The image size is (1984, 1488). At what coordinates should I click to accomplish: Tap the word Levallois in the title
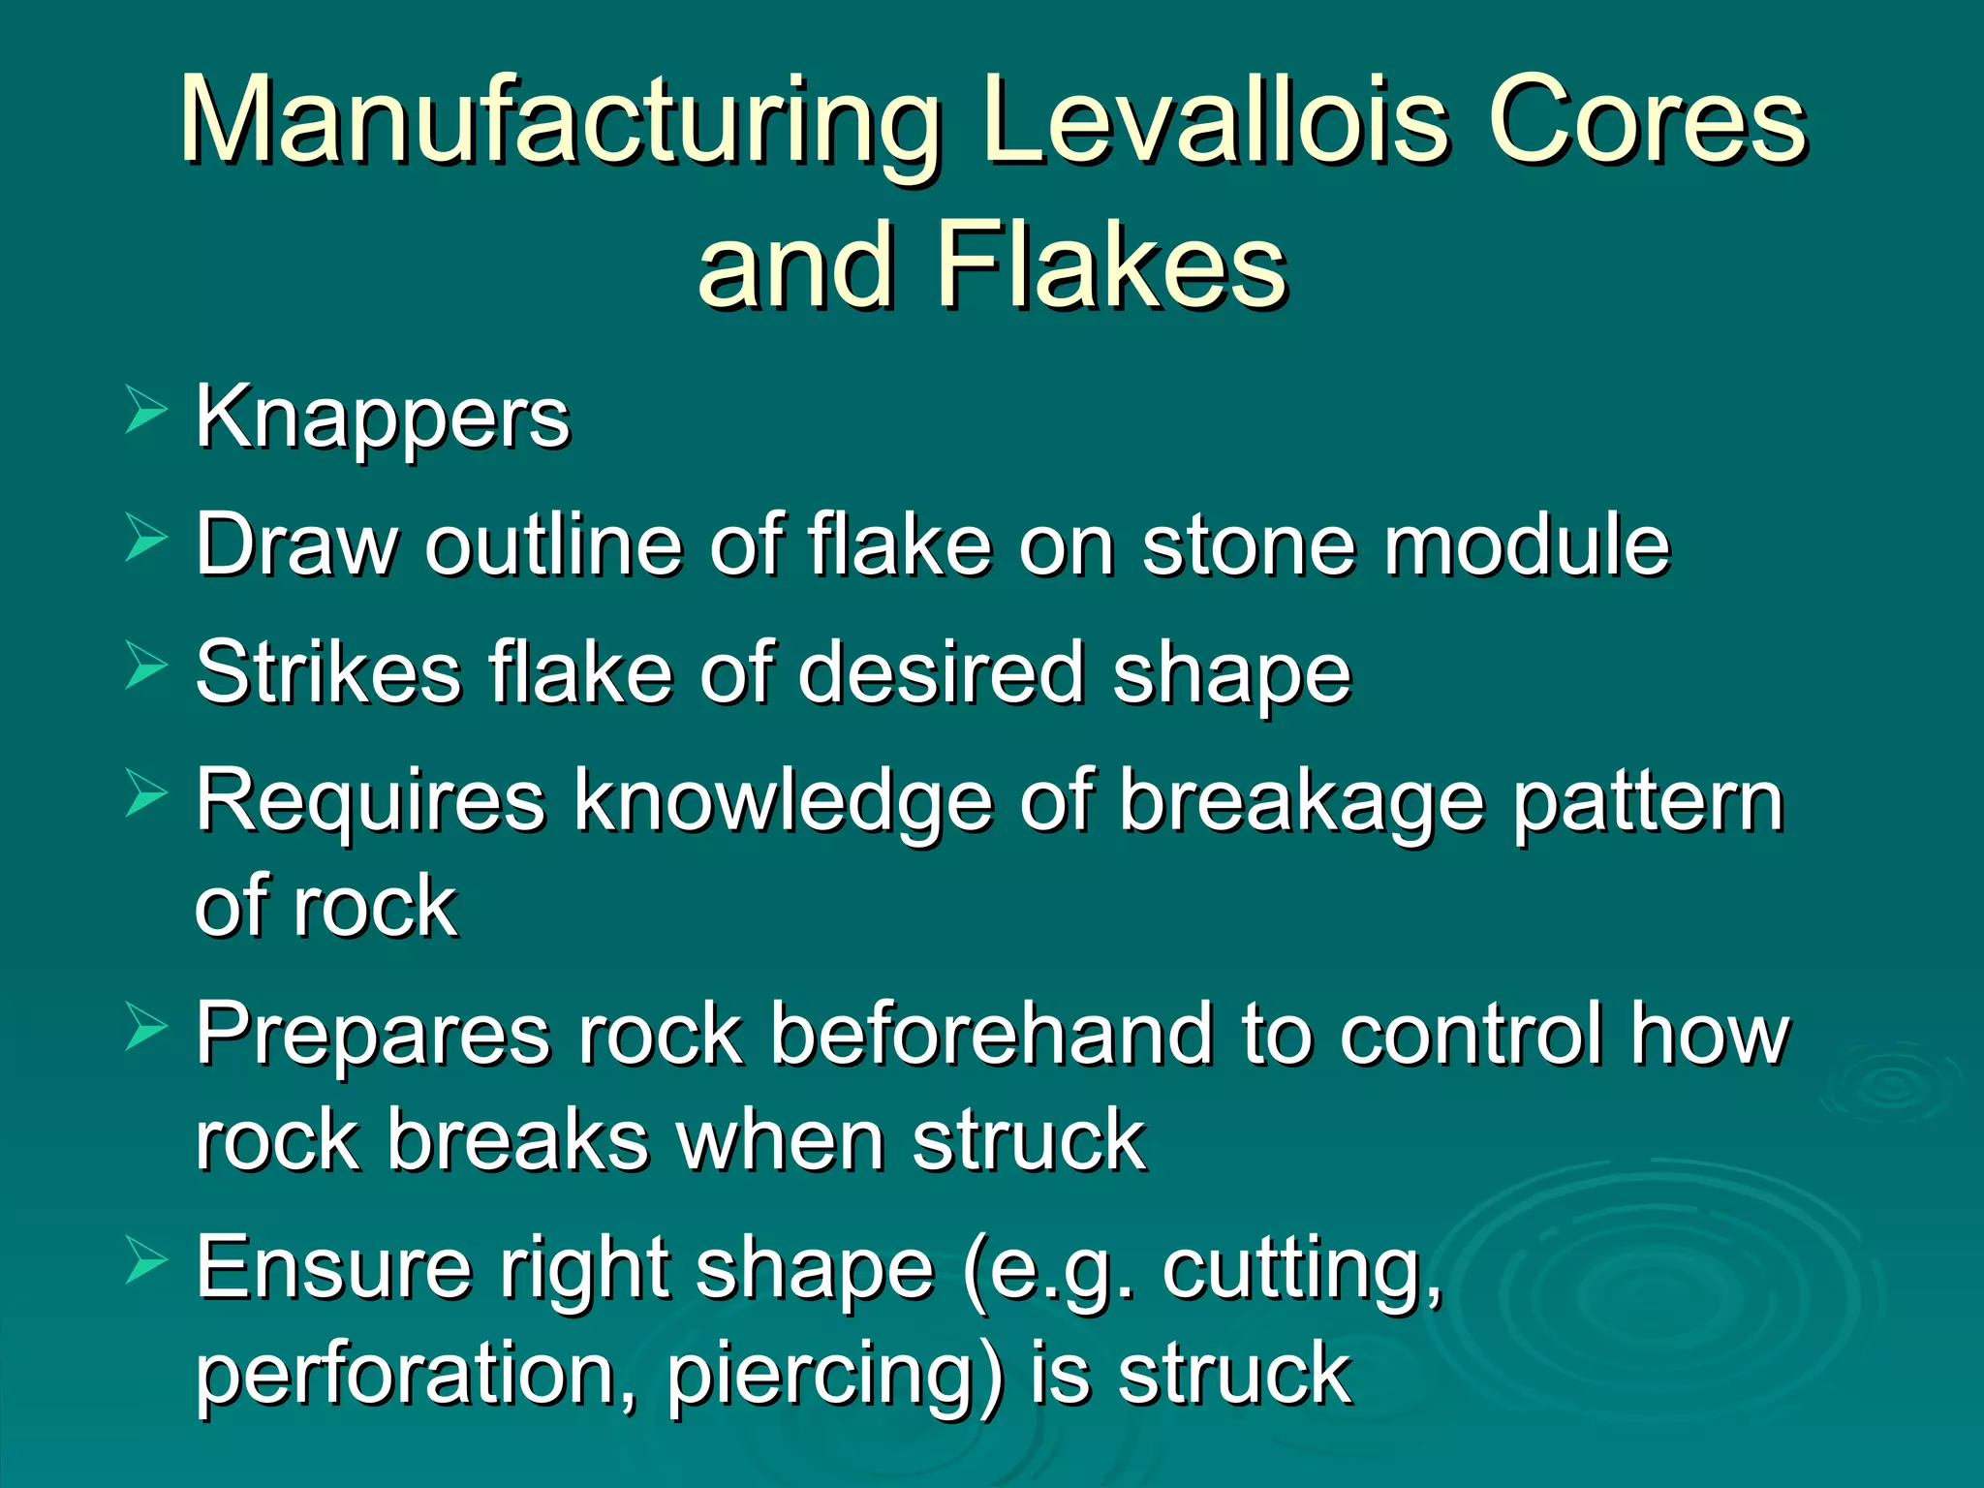[1217, 120]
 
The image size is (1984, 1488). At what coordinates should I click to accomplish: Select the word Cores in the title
[1647, 120]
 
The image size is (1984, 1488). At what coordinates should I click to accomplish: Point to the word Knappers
[383, 418]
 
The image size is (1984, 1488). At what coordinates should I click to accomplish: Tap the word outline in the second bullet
[553, 544]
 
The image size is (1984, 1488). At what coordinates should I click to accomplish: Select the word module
[1527, 544]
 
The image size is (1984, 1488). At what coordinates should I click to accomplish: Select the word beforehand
[991, 1034]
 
